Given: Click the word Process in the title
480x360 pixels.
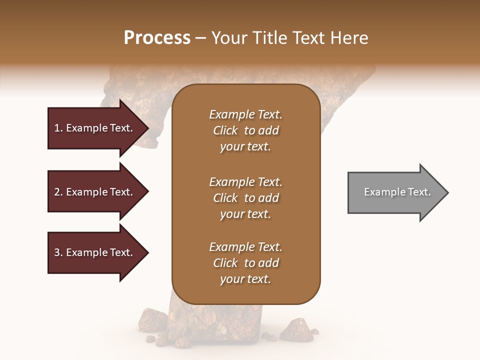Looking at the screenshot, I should coord(157,37).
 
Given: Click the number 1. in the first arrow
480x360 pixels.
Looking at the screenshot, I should coord(58,128).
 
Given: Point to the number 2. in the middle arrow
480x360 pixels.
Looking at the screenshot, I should coord(58,192).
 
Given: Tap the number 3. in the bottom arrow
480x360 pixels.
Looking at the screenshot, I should coord(58,252).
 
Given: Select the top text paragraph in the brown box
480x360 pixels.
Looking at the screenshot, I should coord(245,130).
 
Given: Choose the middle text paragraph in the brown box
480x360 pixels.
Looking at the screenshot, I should coord(245,198).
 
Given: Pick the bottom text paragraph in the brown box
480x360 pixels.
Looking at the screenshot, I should coord(245,263).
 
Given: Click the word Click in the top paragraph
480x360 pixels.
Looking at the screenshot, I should coord(225,130).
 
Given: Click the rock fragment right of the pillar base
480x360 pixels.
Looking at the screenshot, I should coord(296,328).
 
